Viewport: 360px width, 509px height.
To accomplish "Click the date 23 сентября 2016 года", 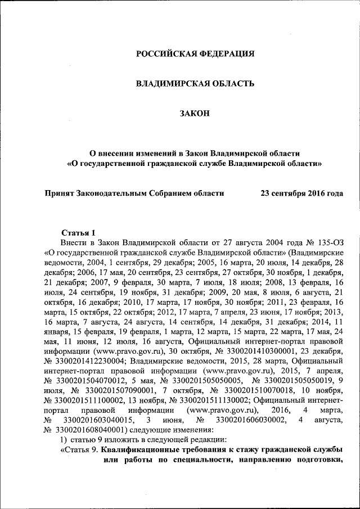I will [301, 193].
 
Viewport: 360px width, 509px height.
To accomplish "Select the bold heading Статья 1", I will [79, 232].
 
